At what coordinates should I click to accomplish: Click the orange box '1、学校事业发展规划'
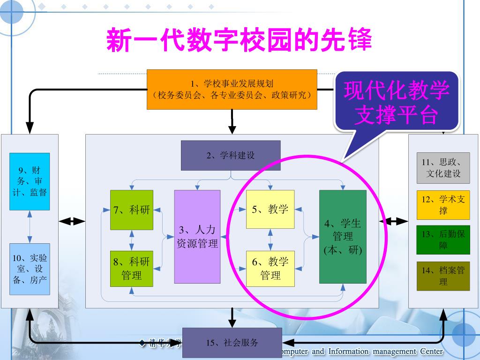(x=232, y=90)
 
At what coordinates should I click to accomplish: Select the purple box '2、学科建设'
(x=231, y=155)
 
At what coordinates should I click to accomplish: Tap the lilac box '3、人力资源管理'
(x=197, y=236)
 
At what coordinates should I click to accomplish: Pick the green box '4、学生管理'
(x=343, y=236)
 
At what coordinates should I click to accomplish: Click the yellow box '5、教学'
(x=270, y=209)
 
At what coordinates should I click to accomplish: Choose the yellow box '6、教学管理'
(x=270, y=268)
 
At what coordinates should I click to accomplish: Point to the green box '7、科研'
(x=131, y=210)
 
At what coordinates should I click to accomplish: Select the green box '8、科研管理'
(x=131, y=268)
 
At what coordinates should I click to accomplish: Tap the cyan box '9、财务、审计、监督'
(x=30, y=181)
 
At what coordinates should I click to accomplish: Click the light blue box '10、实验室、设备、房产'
(x=30, y=269)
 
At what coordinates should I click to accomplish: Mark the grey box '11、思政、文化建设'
(x=443, y=168)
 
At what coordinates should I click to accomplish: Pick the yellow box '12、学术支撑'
(x=443, y=205)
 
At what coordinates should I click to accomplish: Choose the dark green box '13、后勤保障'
(x=443, y=240)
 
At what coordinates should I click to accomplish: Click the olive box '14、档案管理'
(x=443, y=276)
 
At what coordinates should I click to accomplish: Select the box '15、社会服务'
(x=232, y=343)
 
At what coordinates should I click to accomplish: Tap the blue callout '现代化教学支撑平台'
(x=396, y=102)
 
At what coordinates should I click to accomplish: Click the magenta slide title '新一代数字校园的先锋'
(x=239, y=40)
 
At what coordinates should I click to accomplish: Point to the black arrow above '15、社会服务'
(x=232, y=318)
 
